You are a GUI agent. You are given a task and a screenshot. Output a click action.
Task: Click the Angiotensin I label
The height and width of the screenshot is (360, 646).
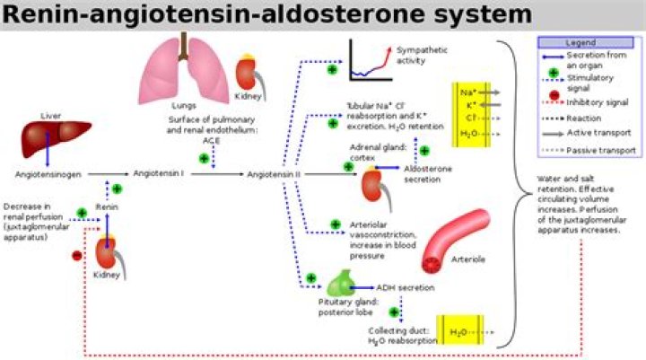(159, 173)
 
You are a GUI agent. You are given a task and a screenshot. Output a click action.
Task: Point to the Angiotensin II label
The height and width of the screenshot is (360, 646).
(273, 173)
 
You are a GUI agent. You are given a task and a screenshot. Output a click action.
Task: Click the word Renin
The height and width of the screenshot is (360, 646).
(108, 206)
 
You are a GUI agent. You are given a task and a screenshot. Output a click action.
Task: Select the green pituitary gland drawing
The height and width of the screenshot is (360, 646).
(339, 284)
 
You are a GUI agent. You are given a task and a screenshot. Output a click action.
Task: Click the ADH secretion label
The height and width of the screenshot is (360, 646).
(406, 287)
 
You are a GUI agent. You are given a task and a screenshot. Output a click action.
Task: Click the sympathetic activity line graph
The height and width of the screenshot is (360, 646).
(370, 60)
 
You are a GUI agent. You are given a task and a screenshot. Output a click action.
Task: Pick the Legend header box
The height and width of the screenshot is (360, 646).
(581, 42)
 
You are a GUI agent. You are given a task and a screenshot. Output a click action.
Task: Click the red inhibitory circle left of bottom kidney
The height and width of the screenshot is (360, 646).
(76, 256)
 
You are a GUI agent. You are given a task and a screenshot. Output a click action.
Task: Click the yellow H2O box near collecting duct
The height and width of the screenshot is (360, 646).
(460, 332)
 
